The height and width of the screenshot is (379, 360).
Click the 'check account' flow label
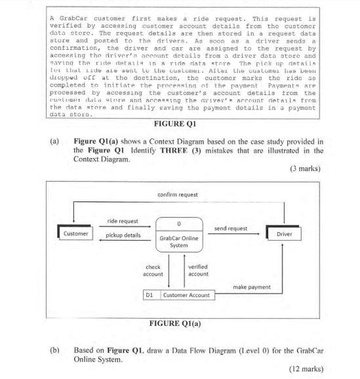[153, 270]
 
